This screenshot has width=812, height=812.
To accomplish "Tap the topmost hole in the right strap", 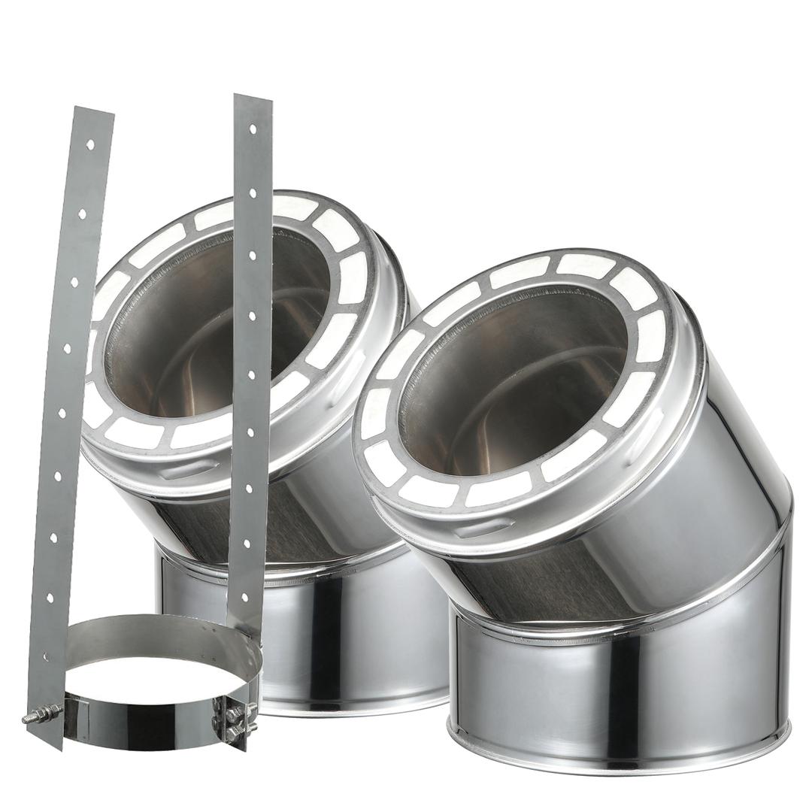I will coord(253,129).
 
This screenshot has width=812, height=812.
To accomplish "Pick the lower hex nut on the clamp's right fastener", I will coord(235,729).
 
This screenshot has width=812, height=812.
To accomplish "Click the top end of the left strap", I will coord(93,111).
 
